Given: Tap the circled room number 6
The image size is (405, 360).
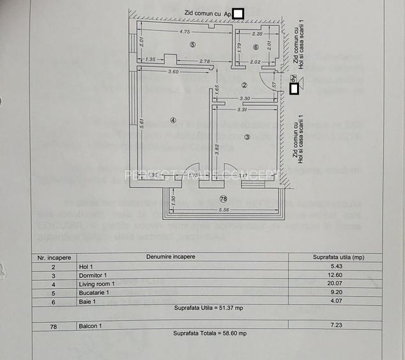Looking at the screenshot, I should point(256,47).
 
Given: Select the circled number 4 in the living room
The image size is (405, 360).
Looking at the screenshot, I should point(172,120).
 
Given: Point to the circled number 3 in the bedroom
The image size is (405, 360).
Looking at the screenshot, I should point(247,136).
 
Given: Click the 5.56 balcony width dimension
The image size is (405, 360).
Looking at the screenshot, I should point(223,210).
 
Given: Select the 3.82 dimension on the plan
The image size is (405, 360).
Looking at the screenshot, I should point(217,149).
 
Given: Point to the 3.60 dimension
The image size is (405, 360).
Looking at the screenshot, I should point(173,72).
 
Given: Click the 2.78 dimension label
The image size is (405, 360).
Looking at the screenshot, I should point(204,61).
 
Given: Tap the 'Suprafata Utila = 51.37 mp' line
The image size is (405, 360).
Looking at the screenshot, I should point(209,308).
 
